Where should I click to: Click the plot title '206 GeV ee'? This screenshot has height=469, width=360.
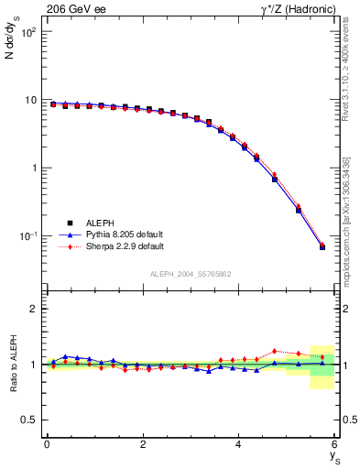[76, 9]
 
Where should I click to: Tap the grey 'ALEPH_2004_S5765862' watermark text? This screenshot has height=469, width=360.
[190, 274]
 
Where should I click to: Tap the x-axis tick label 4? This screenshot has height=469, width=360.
[238, 444]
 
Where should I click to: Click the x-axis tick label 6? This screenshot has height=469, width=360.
[334, 444]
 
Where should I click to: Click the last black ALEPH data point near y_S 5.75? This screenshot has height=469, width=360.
[322, 246]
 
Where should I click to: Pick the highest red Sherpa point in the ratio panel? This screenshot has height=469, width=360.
[274, 351]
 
